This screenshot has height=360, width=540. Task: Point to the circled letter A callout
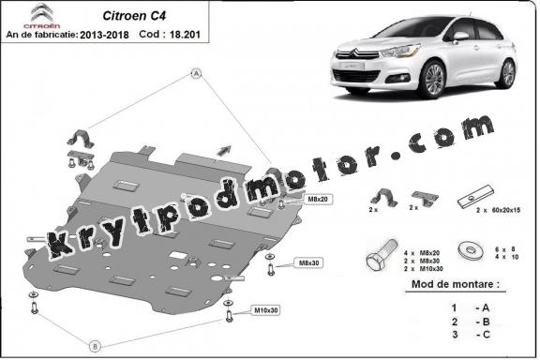pos(197,73)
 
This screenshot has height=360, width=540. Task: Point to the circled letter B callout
pos(94,343)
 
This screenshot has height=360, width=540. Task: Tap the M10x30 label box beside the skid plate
pos(266,310)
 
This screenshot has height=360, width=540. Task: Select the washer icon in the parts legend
pos(466,250)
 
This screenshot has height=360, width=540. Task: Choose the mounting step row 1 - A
pos(469,307)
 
